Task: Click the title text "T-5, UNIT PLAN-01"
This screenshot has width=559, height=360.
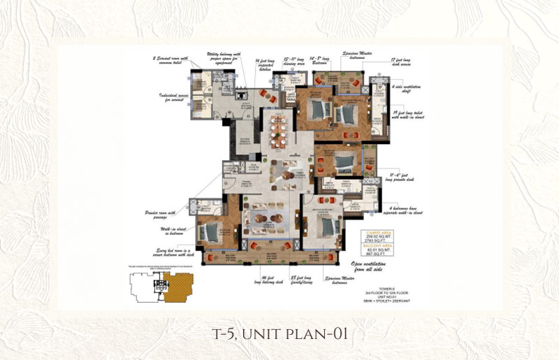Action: point(279,334)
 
